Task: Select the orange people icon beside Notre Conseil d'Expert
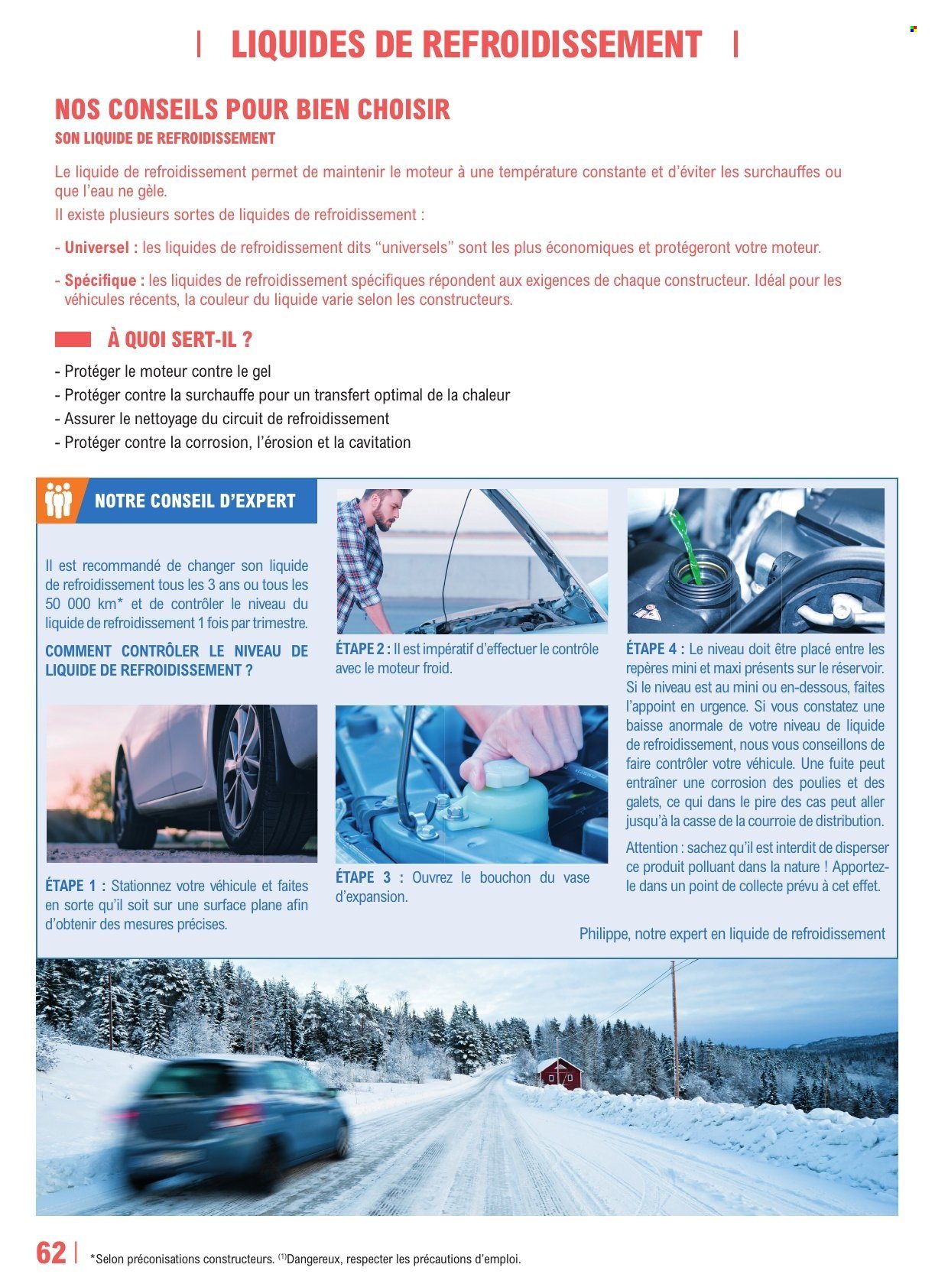click(58, 501)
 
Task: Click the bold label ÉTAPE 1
click(75, 887)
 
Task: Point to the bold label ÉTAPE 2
click(362, 649)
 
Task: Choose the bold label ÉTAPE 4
click(654, 649)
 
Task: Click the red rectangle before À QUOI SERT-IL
click(73, 339)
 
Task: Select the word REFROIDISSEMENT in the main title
click(561, 44)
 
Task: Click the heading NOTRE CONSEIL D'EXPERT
click(194, 501)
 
